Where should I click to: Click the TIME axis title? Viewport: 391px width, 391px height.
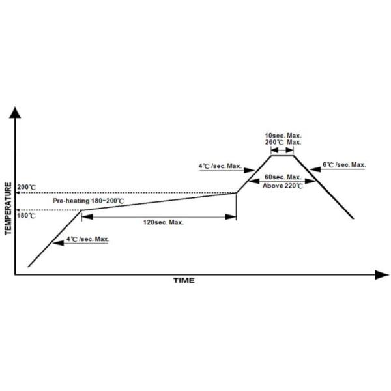pyautogui.click(x=183, y=281)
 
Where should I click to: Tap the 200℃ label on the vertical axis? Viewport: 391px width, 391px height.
pyautogui.click(x=27, y=188)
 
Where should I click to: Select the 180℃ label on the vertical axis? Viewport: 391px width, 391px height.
pyautogui.click(x=27, y=215)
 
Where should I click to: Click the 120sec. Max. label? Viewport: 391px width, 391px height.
pyautogui.click(x=164, y=222)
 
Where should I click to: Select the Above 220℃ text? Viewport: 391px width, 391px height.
pyautogui.click(x=282, y=185)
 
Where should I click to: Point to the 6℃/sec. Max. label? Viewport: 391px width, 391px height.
pyautogui.click(x=345, y=165)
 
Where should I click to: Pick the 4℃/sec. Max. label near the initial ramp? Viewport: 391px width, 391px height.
pyautogui.click(x=89, y=239)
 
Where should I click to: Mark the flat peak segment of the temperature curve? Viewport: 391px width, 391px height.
pyautogui.click(x=282, y=154)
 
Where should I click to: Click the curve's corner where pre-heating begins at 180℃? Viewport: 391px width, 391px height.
pyautogui.click(x=81, y=209)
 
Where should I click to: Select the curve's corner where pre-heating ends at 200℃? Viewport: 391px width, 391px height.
pyautogui.click(x=236, y=192)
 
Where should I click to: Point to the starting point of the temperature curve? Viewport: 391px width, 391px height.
pyautogui.click(x=28, y=267)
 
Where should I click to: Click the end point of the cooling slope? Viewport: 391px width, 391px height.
pyautogui.click(x=354, y=218)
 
